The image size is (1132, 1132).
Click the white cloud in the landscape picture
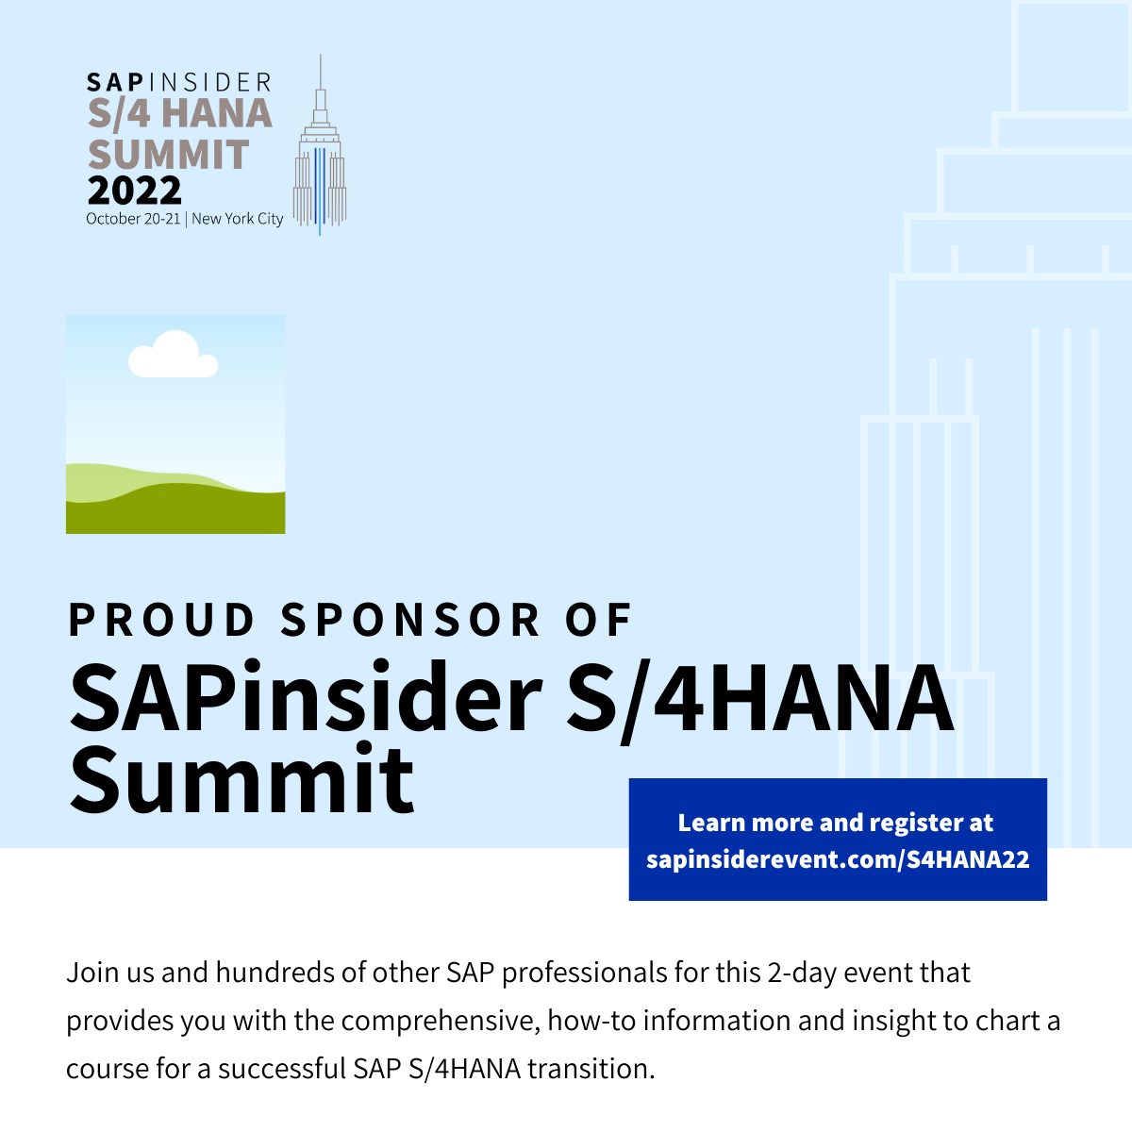[x=174, y=355]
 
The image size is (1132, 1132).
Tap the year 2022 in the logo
[x=135, y=191]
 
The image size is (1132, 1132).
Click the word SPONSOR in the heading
[x=409, y=620]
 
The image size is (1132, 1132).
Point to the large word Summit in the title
[x=242, y=779]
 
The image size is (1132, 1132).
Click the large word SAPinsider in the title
[x=306, y=697]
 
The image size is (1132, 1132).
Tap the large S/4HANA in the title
[x=759, y=700]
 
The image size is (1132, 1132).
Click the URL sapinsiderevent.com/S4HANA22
[x=838, y=859]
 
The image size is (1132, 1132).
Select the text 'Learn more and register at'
[x=836, y=823]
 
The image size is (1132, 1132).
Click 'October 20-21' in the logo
[x=133, y=219]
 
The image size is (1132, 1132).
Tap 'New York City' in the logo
[x=238, y=219]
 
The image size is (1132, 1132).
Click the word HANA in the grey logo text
[x=217, y=113]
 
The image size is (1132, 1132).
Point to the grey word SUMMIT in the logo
[x=169, y=155]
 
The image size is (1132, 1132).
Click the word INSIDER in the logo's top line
[x=209, y=83]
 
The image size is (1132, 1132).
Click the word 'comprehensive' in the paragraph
[x=440, y=1021]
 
